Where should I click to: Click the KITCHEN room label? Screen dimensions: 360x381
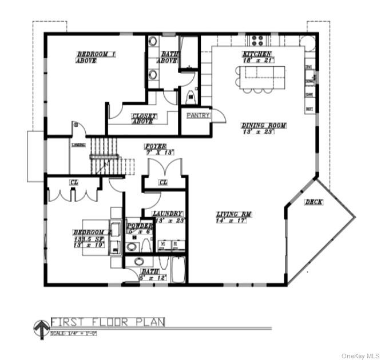[x=257, y=54]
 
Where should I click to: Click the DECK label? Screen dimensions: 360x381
[x=313, y=202]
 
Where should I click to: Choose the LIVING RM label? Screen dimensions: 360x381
[x=234, y=214]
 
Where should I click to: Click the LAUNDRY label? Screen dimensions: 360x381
[x=168, y=213]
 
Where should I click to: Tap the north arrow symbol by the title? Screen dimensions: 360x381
[x=41, y=328]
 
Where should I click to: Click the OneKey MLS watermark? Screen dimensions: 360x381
[x=360, y=355]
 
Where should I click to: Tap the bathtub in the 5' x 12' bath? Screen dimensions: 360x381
[x=178, y=270]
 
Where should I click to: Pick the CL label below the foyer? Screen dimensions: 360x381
[x=163, y=183]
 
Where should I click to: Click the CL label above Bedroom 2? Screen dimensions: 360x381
[x=74, y=182]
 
